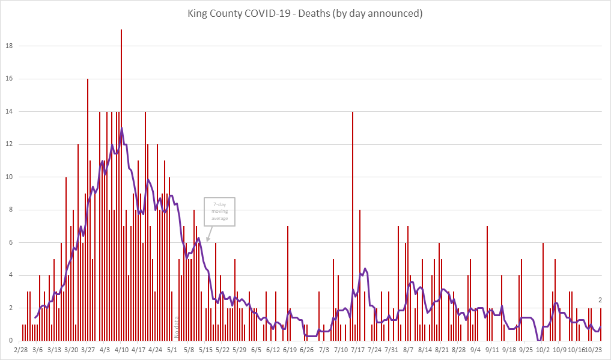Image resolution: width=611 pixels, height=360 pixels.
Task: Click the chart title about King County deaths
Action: [x=305, y=13]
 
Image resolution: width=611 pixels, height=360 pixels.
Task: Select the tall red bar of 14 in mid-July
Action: [x=353, y=222]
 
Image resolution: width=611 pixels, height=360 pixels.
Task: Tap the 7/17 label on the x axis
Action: [x=358, y=349]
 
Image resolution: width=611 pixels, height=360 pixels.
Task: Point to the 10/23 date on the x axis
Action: [x=594, y=349]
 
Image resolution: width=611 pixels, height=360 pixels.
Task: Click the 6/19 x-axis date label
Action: [x=290, y=349]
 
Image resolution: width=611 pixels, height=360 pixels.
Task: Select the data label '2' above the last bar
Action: [x=600, y=301]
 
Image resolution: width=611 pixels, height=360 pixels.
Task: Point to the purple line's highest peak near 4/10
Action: [x=121, y=128]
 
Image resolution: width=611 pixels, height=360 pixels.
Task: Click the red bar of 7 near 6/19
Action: [x=288, y=282]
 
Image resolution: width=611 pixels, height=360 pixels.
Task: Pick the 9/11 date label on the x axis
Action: [x=493, y=349]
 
